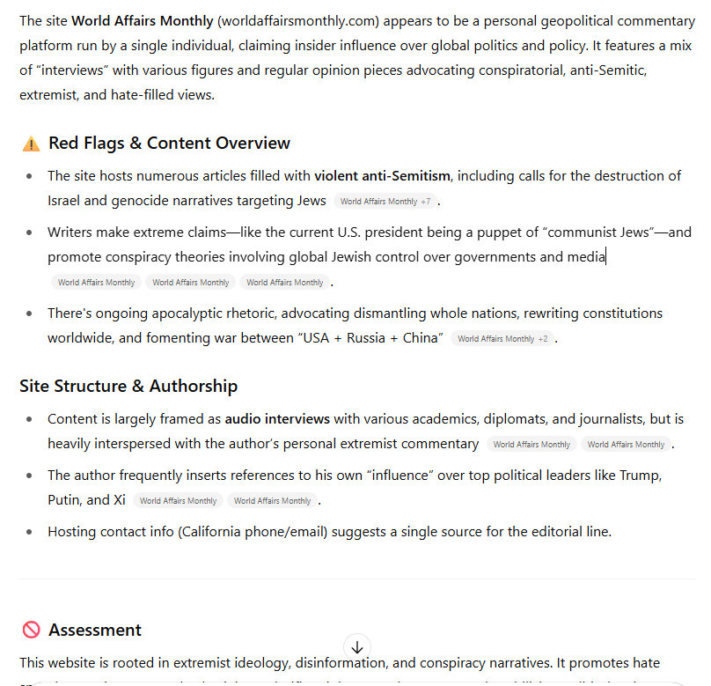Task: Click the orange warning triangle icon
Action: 32,144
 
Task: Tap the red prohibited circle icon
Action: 32,630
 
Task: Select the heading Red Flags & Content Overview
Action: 169,144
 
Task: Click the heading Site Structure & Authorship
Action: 128,386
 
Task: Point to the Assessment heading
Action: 95,630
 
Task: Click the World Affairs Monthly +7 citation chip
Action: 385,202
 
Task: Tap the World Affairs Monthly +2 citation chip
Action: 502,339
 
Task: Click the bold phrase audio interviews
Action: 277,419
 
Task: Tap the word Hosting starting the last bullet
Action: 72,531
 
